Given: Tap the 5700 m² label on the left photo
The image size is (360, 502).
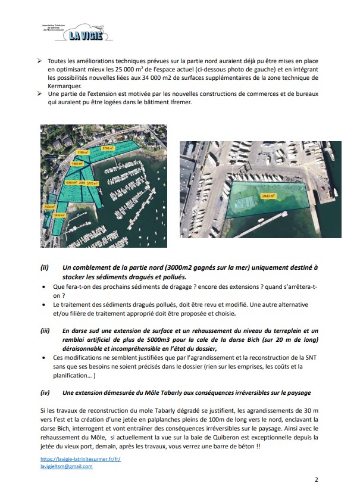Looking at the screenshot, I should point(108,148).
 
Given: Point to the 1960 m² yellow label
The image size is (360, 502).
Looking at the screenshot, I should point(77,163).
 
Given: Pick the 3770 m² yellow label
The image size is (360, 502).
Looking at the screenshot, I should point(92,184).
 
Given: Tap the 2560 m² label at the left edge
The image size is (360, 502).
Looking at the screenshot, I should point(49,207).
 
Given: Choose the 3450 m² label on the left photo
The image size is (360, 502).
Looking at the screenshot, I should point(59,215).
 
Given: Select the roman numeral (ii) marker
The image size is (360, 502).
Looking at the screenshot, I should point(45,268).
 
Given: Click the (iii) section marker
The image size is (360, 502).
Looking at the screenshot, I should point(45,330).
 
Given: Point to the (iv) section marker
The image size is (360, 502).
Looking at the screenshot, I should point(45,392).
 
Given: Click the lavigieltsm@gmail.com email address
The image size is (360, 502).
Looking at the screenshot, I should point(67,467).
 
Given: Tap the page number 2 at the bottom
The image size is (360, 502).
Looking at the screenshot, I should point(315,479).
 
